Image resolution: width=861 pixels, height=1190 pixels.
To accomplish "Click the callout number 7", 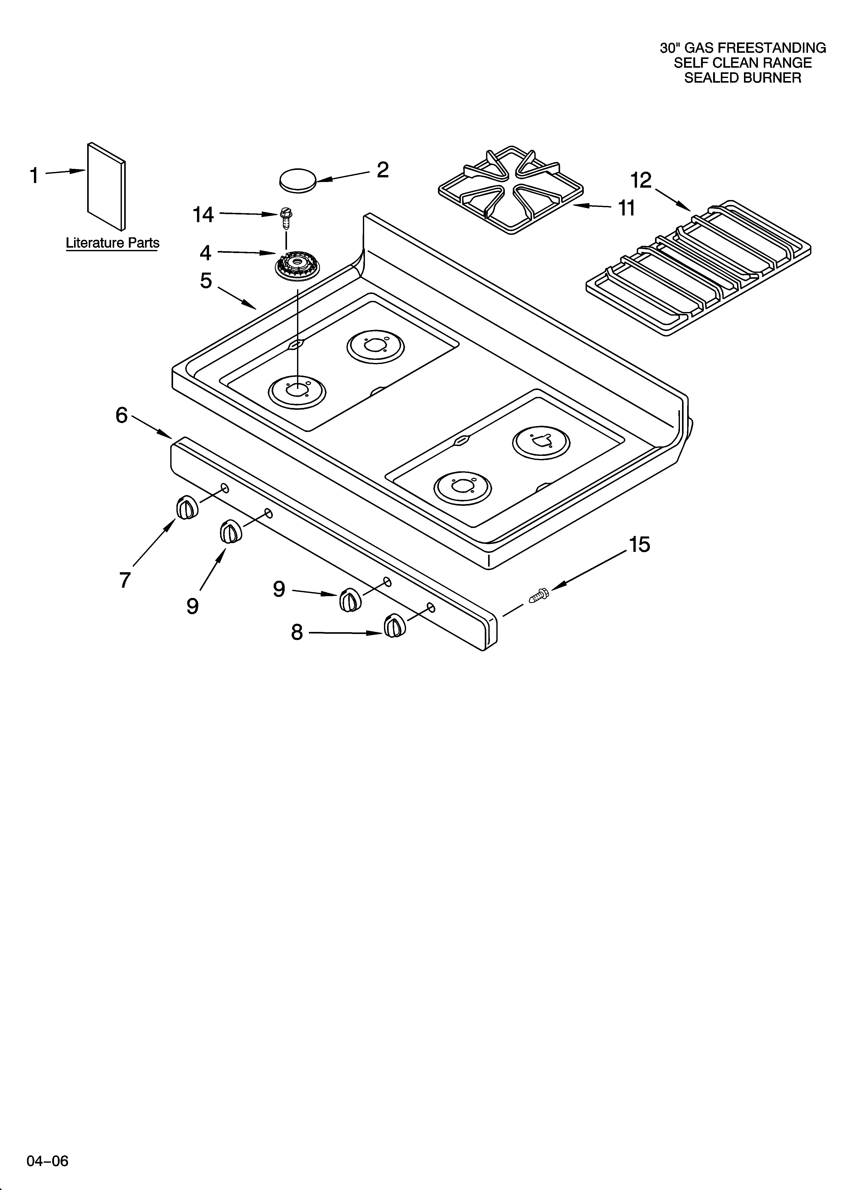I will pyautogui.click(x=125, y=580).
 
